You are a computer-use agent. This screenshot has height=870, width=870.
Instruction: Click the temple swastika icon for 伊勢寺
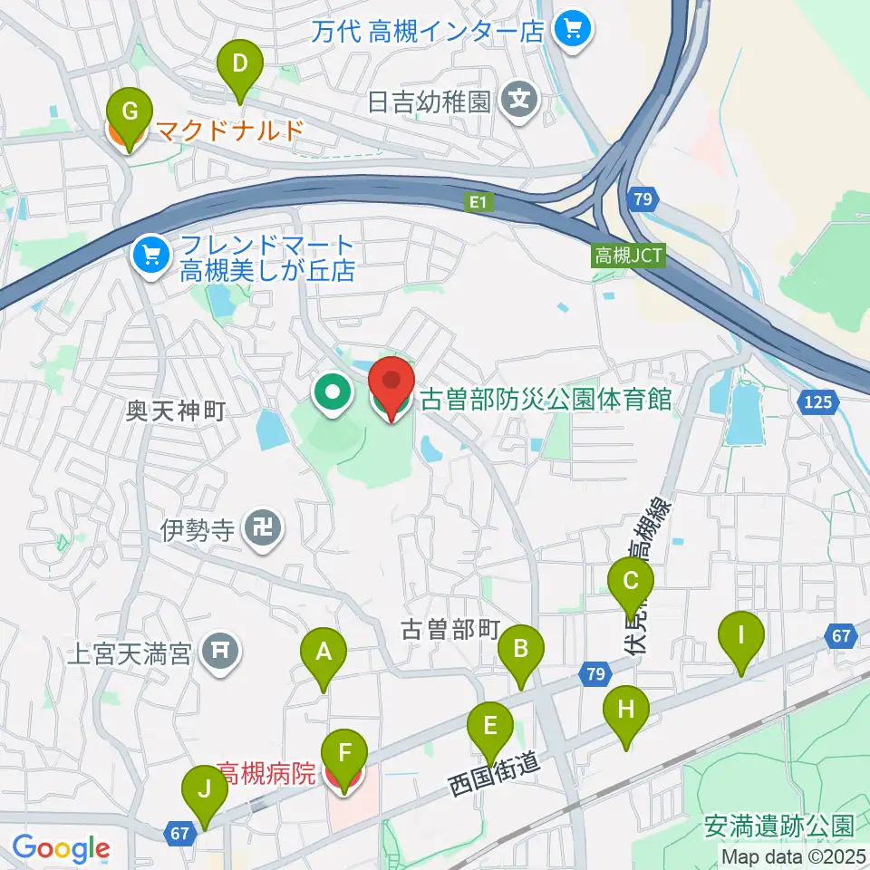coord(265,528)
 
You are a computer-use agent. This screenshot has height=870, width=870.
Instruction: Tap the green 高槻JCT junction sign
coord(628,256)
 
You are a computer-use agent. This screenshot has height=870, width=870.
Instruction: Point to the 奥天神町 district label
coord(176,411)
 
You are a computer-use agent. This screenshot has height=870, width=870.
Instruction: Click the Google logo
coord(61,849)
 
